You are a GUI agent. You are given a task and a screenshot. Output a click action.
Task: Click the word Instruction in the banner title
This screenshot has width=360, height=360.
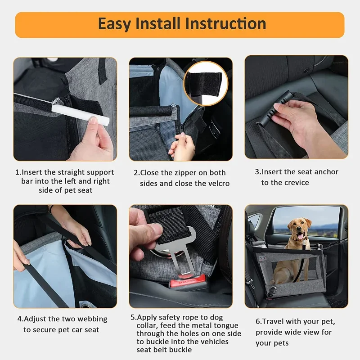point(220,24)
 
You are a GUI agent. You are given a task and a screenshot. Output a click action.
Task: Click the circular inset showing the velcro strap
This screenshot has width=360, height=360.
point(206,84)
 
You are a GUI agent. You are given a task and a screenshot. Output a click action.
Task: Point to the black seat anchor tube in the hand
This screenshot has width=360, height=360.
point(275,108)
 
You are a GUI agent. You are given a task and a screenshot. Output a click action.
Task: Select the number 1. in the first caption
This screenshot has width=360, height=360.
point(18,172)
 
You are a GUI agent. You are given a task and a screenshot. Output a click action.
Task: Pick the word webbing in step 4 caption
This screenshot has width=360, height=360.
point(92,319)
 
